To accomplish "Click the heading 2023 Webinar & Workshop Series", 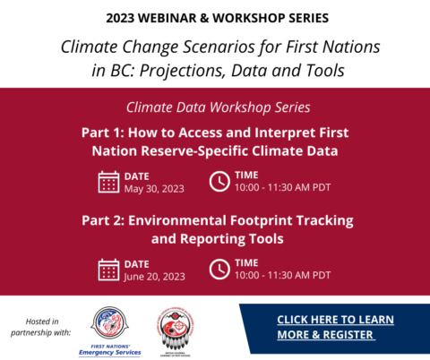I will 215,18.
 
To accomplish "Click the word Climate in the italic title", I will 90,47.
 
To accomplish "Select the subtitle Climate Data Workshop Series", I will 214,107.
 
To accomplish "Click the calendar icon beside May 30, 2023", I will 108,182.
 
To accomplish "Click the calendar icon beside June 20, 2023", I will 108,269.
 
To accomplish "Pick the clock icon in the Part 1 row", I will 219,182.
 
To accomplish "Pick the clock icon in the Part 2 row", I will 219,269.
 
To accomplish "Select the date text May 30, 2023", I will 155,188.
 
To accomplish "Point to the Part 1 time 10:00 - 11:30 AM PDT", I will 283,188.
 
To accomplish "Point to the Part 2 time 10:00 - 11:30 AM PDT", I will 283,275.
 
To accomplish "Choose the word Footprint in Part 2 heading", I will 267,220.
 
